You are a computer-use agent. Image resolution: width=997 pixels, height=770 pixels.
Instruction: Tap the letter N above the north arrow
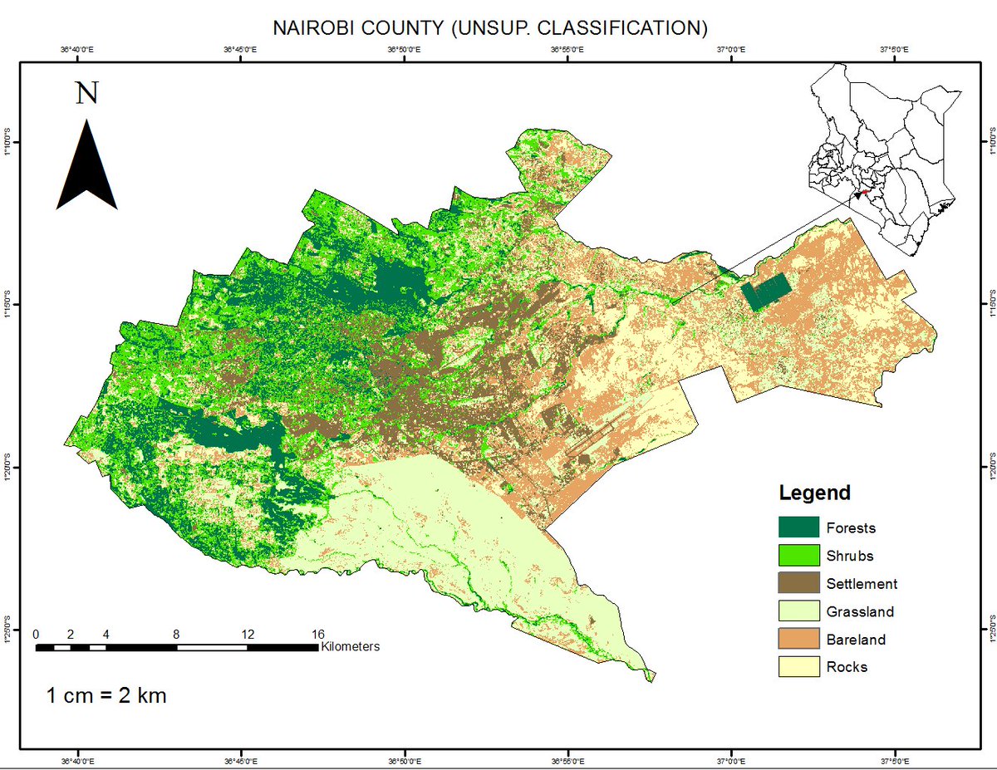86,92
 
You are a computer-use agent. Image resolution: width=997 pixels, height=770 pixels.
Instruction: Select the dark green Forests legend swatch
798,527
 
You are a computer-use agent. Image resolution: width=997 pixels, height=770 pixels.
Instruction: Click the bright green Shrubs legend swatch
798,556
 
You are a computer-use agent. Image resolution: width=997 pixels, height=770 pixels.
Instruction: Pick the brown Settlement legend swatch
798,584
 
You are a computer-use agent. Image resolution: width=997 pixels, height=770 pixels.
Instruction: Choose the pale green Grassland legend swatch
798,612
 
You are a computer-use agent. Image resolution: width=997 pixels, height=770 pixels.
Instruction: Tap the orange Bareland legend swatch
798,640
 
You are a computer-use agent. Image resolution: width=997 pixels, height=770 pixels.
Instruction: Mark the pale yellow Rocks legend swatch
798,667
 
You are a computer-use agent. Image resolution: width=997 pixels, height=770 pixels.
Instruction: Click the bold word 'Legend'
814,493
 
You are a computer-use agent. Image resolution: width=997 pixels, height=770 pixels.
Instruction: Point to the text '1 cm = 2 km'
106,695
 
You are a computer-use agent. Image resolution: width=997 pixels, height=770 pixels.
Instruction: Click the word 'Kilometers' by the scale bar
351,646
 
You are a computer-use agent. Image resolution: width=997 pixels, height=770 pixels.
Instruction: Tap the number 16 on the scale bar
317,634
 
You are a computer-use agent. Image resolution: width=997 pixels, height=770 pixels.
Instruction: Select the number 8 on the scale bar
176,634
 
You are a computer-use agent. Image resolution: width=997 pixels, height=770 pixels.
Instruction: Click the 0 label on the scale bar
36,634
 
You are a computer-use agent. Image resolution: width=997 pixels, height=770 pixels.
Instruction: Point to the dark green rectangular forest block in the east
766,293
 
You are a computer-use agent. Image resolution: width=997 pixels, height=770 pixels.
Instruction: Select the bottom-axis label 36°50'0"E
403,758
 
